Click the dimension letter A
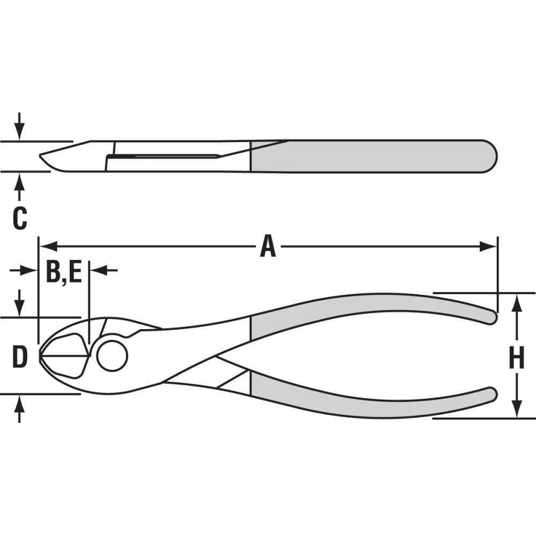pyautogui.click(x=268, y=247)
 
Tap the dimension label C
pyautogui.click(x=19, y=219)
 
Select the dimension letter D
pyautogui.click(x=19, y=358)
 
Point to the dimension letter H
pyautogui.click(x=516, y=358)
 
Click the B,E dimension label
pyautogui.click(x=63, y=272)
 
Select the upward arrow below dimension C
pyautogui.click(x=19, y=185)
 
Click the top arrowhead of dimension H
pyautogui.click(x=516, y=302)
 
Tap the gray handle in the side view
pyautogui.click(x=375, y=157)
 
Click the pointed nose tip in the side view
pyautogui.click(x=42, y=157)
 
